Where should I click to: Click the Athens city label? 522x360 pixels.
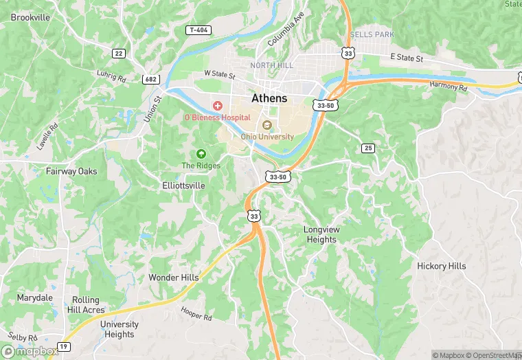pyautogui.click(x=269, y=98)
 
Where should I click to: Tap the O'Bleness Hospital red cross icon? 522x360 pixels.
pyautogui.click(x=218, y=105)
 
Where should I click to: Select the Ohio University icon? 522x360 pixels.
pyautogui.click(x=267, y=124)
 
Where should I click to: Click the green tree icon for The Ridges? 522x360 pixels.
pyautogui.click(x=201, y=154)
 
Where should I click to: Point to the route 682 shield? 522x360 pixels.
pyautogui.click(x=151, y=79)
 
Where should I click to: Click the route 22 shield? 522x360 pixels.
pyautogui.click(x=119, y=53)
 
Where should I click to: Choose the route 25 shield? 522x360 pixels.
pyautogui.click(x=368, y=148)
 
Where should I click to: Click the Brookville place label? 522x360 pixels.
pyautogui.click(x=31, y=17)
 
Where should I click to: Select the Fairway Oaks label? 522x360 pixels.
pyautogui.click(x=71, y=171)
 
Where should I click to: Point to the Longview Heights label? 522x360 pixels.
pyautogui.click(x=320, y=234)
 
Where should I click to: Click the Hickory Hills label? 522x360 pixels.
pyautogui.click(x=441, y=266)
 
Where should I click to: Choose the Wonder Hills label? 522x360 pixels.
pyautogui.click(x=174, y=278)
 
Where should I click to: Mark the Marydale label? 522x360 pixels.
pyautogui.click(x=35, y=298)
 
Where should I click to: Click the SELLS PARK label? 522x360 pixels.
pyautogui.click(x=371, y=34)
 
